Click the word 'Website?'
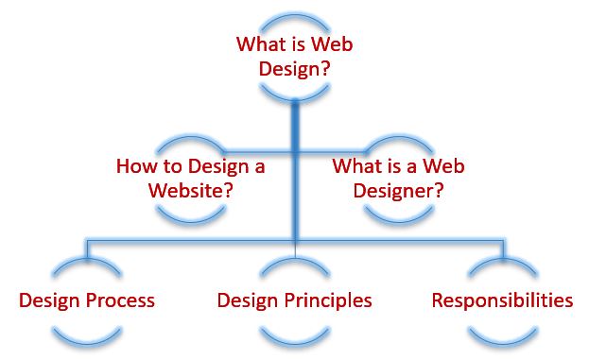click(191, 189)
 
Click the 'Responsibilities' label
click(502, 301)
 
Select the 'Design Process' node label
click(87, 301)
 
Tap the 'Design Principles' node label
click(294, 301)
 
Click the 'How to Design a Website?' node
click(191, 178)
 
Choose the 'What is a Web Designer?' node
click(398, 178)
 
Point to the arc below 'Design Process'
click(87, 334)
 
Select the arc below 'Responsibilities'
click(502, 334)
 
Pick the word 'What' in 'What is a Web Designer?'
click(354, 166)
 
